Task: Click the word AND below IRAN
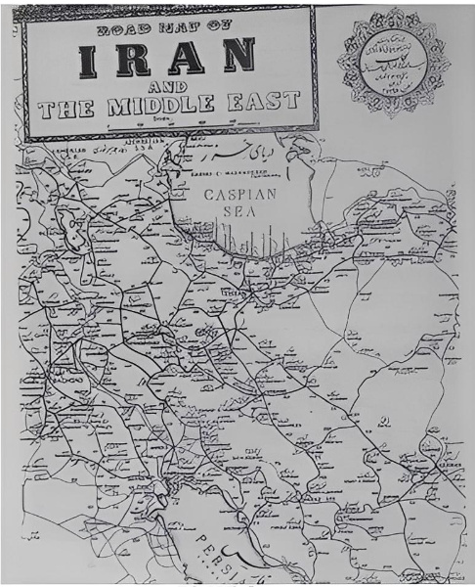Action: (166, 91)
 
